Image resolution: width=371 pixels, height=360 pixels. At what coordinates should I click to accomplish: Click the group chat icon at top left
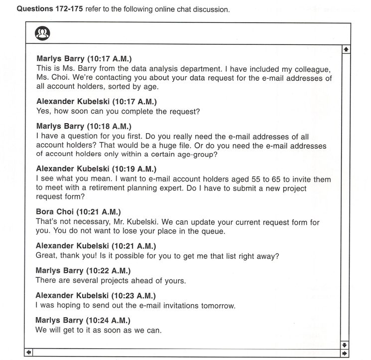coord(42,33)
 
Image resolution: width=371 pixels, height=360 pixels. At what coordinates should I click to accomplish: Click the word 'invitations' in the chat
coord(175,305)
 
